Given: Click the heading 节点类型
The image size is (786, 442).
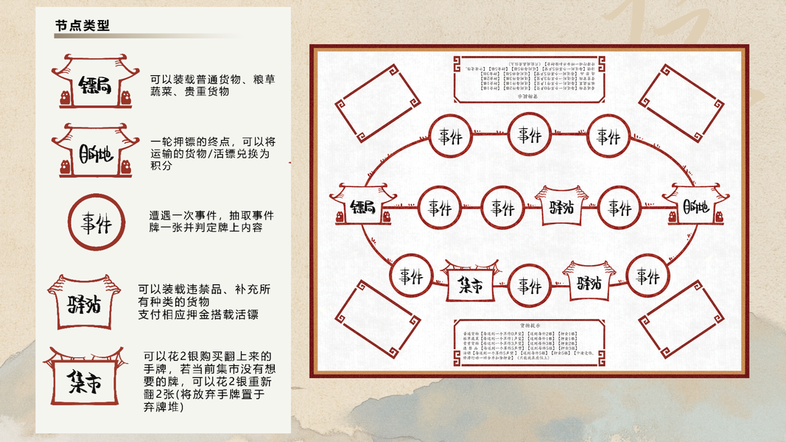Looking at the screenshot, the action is click(83, 25).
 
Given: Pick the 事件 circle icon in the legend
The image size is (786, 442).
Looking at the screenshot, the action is click(96, 222).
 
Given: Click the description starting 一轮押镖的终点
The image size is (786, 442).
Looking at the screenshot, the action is click(212, 153).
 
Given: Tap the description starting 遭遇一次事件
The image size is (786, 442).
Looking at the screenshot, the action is click(211, 221).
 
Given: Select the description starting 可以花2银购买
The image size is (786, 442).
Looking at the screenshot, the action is click(208, 379).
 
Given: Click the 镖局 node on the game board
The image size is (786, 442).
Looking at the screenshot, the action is click(362, 206).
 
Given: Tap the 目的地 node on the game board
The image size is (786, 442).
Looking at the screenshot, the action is click(695, 206).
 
